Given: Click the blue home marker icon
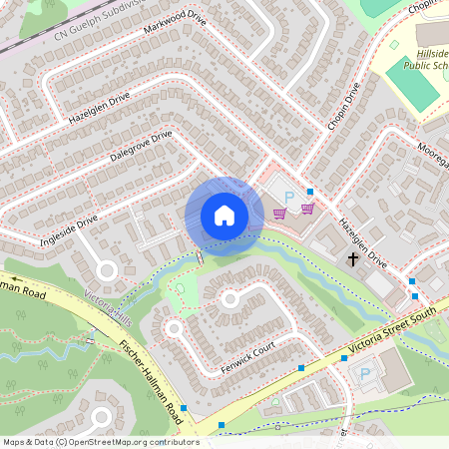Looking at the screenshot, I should tap(224, 216).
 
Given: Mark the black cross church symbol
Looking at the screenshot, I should tap(352, 259).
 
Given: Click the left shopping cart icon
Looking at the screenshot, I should tap(280, 212).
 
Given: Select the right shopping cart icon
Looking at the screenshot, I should tap(307, 209).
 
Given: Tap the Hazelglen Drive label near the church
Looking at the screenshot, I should tap(362, 240).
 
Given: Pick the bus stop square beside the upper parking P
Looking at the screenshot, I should tap(310, 192).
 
